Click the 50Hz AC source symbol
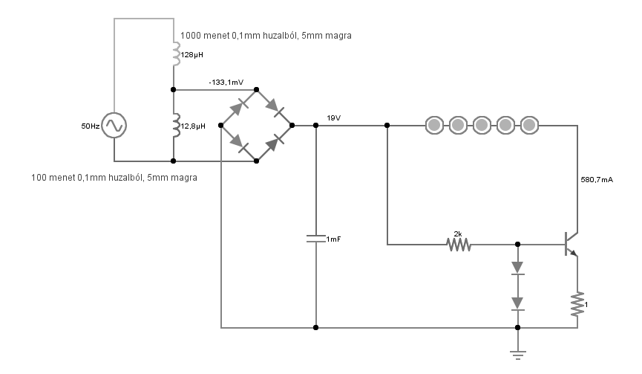click(114, 125)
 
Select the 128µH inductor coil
click(176, 54)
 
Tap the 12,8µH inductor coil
click(176, 126)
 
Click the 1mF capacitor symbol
click(315, 239)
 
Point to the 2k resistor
click(459, 245)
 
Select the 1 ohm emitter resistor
click(577, 304)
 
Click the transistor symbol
click(571, 244)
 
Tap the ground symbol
click(518, 355)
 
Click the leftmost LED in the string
click(434, 125)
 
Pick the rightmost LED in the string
click(529, 125)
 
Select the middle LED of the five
click(482, 125)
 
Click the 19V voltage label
click(334, 118)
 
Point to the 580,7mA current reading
click(597, 180)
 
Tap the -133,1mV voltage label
click(226, 83)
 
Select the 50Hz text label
click(90, 126)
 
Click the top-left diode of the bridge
click(239, 108)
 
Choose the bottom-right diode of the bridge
click(275, 143)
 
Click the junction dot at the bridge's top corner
click(256, 89)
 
